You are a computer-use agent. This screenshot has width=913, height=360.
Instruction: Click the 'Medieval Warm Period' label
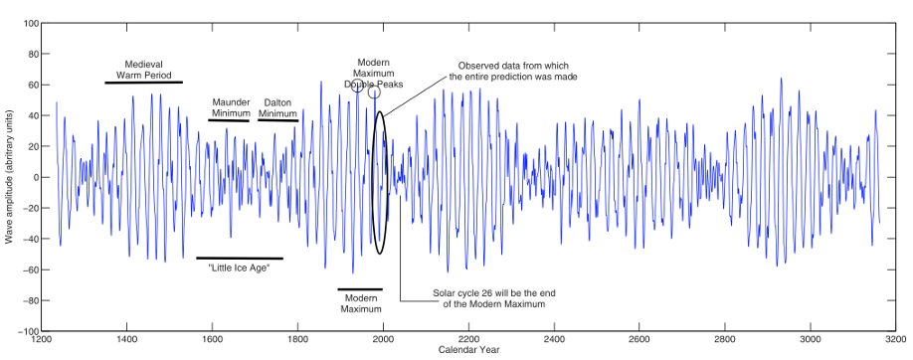tap(144, 70)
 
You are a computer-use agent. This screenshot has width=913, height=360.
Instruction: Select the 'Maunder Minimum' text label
tap(230, 107)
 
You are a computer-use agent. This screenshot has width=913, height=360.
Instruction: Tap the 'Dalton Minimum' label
tap(277, 107)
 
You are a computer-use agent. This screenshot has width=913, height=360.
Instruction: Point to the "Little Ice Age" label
tap(239, 269)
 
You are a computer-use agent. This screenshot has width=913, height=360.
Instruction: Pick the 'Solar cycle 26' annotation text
tap(489, 298)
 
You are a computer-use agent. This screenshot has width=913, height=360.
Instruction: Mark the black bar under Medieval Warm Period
tap(144, 83)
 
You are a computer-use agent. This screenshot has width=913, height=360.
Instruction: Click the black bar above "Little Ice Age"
tap(239, 259)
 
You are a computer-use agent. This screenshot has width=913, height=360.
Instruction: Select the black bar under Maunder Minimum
tap(229, 120)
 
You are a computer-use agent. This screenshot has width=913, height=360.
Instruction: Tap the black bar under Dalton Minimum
tap(277, 120)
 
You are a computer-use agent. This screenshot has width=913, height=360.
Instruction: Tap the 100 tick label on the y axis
tap(30, 23)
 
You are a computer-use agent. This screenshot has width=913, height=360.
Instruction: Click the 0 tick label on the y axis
tap(35, 177)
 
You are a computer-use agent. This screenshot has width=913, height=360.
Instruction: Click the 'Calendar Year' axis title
tap(468, 351)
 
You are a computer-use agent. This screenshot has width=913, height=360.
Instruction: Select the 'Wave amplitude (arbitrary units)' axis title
tap(9, 177)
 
